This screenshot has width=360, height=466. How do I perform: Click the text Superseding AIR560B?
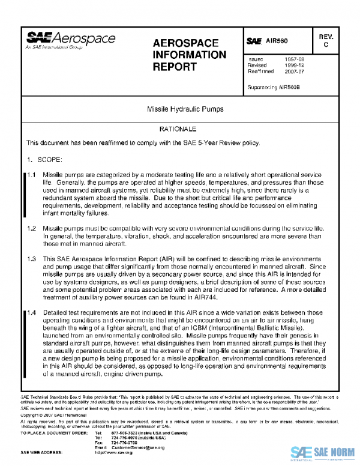pos(274,87)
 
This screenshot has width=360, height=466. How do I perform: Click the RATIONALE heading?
pos(178,129)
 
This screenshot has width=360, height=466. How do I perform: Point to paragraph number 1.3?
pos(32,259)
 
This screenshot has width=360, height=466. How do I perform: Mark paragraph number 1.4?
pos(32,313)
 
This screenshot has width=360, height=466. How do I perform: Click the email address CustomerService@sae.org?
pos(130,447)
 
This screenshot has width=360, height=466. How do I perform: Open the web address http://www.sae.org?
pos(114,452)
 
